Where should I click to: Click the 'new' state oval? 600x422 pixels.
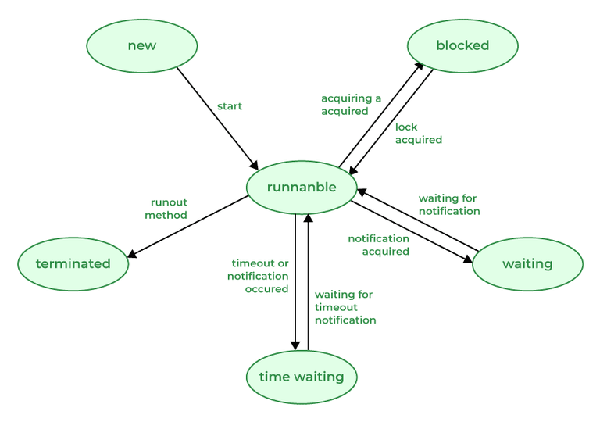point(141,45)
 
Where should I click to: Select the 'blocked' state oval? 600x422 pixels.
point(462,45)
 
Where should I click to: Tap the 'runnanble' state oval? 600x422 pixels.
point(302,188)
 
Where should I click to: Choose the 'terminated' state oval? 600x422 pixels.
point(73,264)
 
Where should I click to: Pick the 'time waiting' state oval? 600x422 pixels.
point(302,377)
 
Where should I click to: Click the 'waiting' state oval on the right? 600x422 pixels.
point(527,264)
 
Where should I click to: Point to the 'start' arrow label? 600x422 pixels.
point(230,106)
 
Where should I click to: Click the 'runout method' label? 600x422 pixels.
point(169,209)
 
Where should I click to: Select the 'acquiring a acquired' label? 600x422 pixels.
point(351,105)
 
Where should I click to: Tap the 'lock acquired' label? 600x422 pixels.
point(418,134)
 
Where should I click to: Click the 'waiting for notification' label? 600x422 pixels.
point(448,205)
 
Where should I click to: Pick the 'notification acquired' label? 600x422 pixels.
point(379,245)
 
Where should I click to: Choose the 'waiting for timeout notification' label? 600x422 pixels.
point(345,307)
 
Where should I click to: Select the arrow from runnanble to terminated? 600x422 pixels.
point(187,227)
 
